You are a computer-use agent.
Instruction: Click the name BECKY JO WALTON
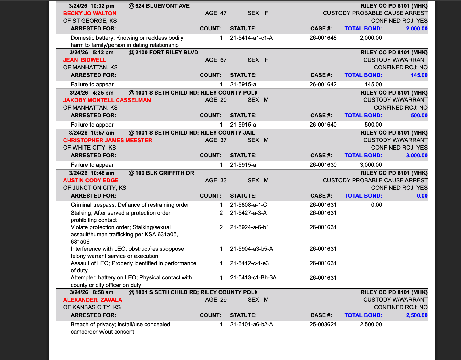(89, 13)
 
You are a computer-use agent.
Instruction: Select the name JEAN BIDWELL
(85, 60)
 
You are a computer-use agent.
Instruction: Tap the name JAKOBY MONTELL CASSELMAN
(107, 100)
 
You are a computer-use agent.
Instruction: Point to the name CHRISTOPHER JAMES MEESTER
(108, 140)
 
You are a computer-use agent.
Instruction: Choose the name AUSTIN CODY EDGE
(91, 180)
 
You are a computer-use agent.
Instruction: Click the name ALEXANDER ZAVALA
(93, 300)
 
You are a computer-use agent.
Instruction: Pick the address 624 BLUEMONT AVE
(162, 6)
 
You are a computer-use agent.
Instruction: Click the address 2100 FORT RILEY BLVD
(167, 52)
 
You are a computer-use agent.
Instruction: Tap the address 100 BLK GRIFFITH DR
(165, 173)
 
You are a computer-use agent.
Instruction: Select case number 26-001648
(323, 38)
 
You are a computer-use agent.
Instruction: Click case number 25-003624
(323, 324)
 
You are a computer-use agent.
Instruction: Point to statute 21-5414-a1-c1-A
(251, 38)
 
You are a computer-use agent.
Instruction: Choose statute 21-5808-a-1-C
(248, 205)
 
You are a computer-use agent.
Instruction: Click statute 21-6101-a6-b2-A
(252, 324)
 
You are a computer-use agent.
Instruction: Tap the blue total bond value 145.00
(419, 75)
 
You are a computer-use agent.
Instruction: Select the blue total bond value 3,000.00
(417, 155)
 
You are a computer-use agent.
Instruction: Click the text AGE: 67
(216, 60)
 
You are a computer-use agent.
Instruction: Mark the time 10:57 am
(102, 133)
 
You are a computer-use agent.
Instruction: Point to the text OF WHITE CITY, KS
(89, 148)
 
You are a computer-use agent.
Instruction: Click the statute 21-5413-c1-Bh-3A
(253, 277)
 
